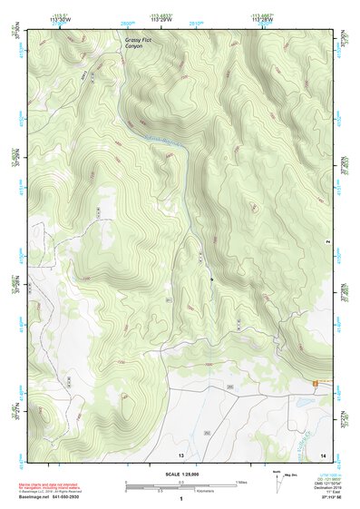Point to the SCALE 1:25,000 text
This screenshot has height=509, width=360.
tap(180, 474)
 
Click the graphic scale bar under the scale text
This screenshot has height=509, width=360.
tap(180, 485)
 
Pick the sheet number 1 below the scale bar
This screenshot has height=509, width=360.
tap(180, 498)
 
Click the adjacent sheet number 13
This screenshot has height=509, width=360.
tap(180, 453)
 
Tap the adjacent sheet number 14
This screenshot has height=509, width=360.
tap(335, 453)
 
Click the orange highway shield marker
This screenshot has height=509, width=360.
tap(315, 384)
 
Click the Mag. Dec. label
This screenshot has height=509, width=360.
tap(293, 475)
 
